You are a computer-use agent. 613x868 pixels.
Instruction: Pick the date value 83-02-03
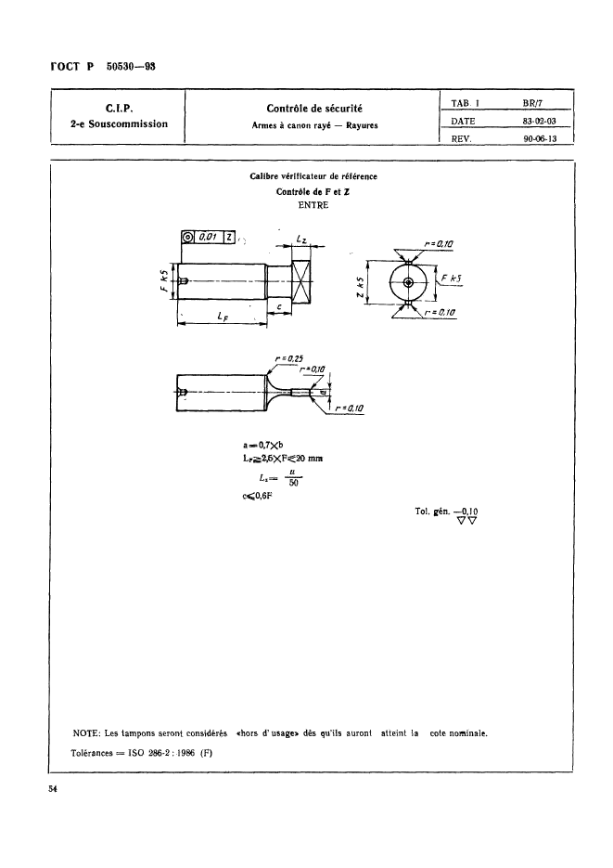click(x=542, y=120)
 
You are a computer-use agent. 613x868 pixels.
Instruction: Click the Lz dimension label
click(x=301, y=240)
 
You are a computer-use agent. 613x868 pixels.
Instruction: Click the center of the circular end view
click(x=407, y=281)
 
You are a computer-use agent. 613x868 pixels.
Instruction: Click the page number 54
click(x=54, y=788)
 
